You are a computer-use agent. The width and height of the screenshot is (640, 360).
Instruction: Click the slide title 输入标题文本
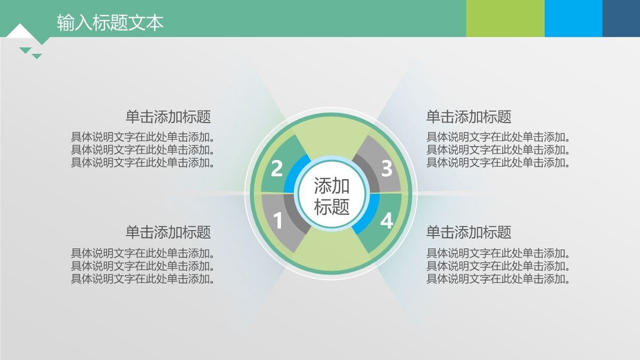tap(110, 22)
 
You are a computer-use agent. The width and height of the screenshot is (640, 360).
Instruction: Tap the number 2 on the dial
tap(276, 169)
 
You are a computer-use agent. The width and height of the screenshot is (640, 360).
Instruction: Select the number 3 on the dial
tap(387, 169)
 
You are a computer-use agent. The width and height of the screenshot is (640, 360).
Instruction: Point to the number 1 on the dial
tap(277, 220)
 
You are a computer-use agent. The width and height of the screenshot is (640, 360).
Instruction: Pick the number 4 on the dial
tap(387, 220)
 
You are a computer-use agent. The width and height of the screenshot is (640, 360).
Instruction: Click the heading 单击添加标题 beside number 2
tap(168, 117)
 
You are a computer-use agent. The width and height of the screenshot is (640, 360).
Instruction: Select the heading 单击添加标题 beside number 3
tap(468, 117)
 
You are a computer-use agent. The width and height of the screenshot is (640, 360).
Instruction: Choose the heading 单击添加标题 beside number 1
tap(168, 233)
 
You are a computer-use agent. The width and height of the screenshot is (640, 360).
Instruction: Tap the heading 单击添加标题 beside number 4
tap(468, 233)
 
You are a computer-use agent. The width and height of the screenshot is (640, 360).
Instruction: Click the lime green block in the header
tap(505, 19)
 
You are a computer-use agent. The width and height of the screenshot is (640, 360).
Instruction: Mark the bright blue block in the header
tap(573, 19)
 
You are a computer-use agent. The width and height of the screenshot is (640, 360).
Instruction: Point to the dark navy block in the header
tap(621, 19)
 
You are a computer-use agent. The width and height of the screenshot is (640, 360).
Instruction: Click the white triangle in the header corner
tap(19, 31)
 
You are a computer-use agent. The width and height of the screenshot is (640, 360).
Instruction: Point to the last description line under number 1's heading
tap(143, 279)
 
